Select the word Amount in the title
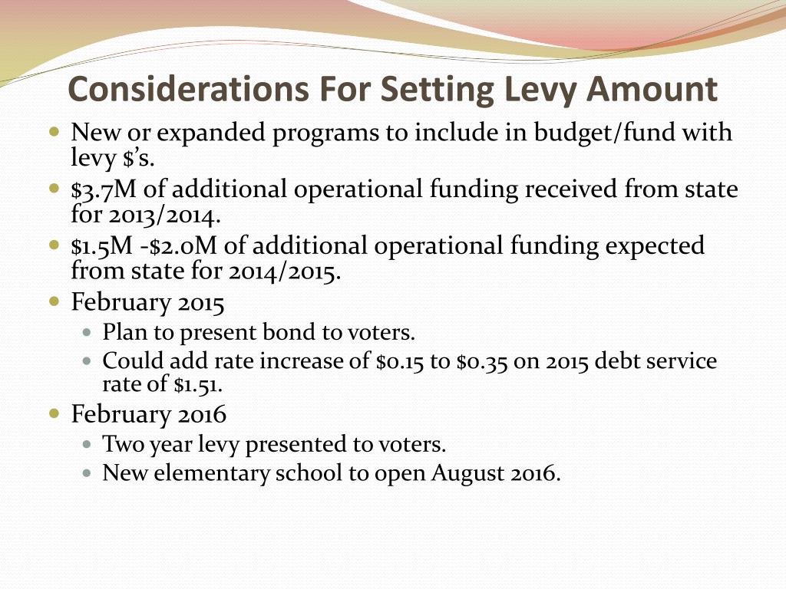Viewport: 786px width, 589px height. click(652, 89)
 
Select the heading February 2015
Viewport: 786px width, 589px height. click(148, 303)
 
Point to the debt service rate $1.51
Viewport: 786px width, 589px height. click(197, 384)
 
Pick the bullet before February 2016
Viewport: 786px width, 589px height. click(54, 413)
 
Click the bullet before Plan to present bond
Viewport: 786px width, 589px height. click(87, 334)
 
